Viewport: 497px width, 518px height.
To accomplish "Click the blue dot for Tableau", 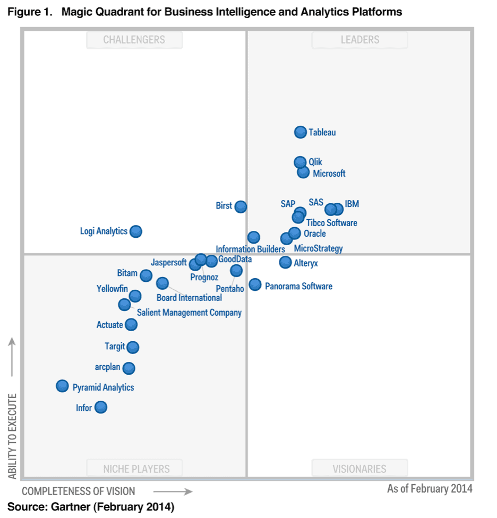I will click(301, 132).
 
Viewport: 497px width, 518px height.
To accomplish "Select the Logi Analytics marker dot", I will click(136, 231).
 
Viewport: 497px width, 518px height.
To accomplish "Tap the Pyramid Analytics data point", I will click(63, 386).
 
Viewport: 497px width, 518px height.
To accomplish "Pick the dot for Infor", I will click(100, 407).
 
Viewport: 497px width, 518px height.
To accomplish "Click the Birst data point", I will click(241, 206).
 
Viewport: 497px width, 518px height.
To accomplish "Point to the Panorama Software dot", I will click(255, 284).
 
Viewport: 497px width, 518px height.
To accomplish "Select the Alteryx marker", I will click(286, 262).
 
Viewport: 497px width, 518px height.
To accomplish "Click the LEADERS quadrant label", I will click(359, 40).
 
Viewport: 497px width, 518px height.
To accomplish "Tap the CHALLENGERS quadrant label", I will click(134, 40).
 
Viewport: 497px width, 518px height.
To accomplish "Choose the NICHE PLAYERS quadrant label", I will click(136, 469).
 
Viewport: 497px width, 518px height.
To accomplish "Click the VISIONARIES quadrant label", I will click(359, 469).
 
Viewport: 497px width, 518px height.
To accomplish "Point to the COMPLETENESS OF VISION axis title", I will click(79, 491).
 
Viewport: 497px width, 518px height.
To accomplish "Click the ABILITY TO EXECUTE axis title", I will click(12, 436).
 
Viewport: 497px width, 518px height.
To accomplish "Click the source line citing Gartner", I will click(91, 507).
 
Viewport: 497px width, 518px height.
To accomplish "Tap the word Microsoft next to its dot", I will click(329, 174).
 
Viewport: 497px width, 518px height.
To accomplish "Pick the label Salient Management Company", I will click(189, 313).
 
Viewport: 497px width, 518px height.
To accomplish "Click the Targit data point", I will click(133, 347).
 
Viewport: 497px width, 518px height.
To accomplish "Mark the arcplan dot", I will click(128, 368).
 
